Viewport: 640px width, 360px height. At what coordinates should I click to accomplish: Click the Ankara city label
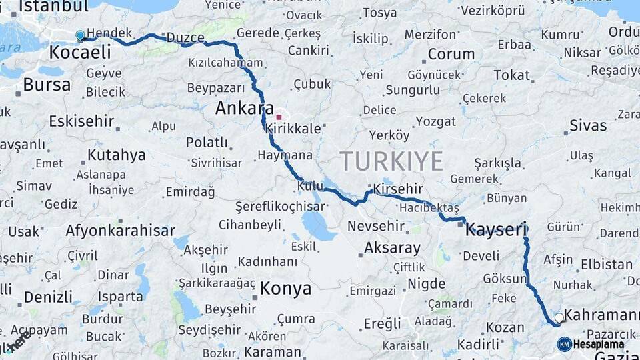tap(244, 109)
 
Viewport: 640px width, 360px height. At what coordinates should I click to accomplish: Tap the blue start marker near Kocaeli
tap(80, 35)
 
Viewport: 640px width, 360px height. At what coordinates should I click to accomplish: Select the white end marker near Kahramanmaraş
tap(559, 318)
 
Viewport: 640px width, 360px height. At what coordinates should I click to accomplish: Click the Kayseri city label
tap(496, 229)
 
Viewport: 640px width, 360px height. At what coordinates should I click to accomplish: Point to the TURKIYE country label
tap(391, 161)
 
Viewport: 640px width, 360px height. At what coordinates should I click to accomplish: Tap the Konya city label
tap(285, 289)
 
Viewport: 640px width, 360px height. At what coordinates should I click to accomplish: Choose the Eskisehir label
tap(82, 121)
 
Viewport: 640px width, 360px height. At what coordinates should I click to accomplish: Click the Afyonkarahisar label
tap(120, 231)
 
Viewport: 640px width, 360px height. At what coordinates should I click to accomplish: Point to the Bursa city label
tap(47, 85)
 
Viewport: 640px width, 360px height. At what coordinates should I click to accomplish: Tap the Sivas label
tap(588, 125)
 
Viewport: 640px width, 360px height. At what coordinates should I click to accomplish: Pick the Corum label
tap(451, 54)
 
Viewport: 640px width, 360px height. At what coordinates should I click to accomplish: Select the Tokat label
tap(511, 75)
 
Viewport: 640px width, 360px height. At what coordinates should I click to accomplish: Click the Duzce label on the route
tap(185, 38)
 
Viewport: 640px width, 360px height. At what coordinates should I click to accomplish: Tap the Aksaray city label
tap(392, 249)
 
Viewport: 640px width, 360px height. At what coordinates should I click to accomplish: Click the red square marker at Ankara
tap(279, 117)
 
